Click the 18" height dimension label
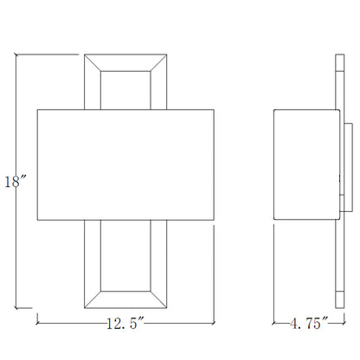coord(16,182)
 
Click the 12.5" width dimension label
coord(125,323)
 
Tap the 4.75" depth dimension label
coord(309,323)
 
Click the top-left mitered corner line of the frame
coord(93,62)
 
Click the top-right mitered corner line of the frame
coord(158,62)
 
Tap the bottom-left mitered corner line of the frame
coord(93,299)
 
